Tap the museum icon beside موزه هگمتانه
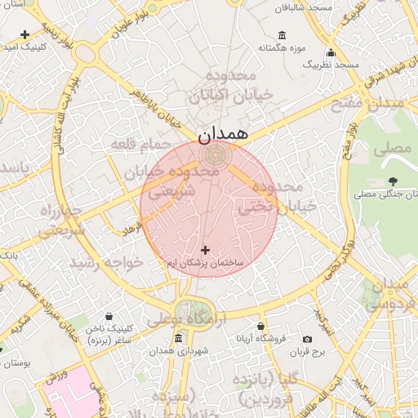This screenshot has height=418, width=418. [x=282, y=34]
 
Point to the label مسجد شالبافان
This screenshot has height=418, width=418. [x=303, y=7]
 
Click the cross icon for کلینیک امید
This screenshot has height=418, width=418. [x=25, y=34]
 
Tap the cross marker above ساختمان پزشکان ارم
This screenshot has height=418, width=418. [x=204, y=249]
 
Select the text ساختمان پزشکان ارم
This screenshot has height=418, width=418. [x=205, y=264]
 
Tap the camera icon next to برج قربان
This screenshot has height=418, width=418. [x=307, y=339]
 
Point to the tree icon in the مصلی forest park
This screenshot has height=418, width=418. [x=394, y=181]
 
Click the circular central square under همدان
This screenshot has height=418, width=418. [x=210, y=153]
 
